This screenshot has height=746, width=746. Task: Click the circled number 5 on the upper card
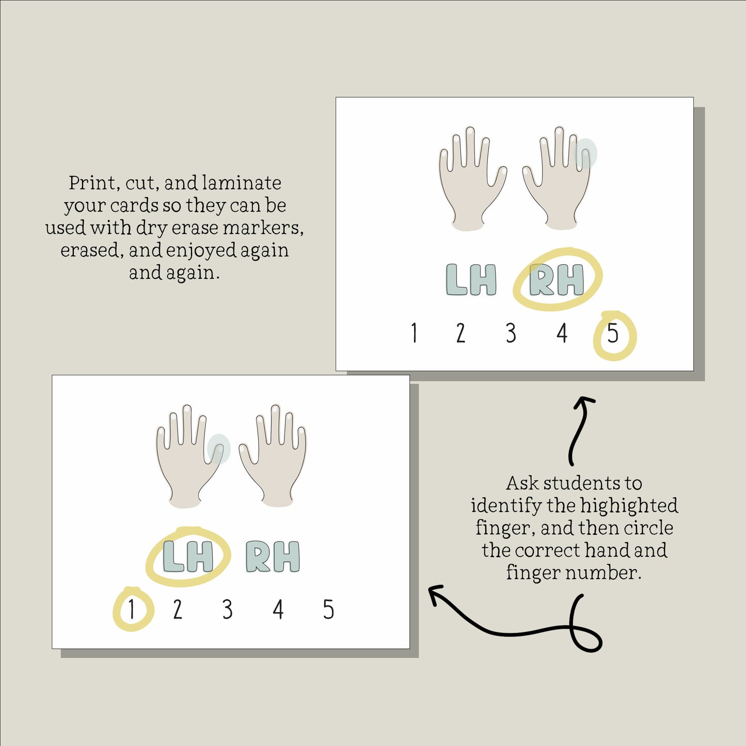[x=612, y=333]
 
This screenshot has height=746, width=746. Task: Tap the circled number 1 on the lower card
[x=132, y=609]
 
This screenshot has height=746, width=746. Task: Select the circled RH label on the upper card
[x=557, y=279]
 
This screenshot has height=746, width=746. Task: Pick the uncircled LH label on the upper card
[x=471, y=279]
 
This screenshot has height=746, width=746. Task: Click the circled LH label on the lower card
[x=188, y=557]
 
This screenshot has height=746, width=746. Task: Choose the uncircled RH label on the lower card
[x=273, y=557]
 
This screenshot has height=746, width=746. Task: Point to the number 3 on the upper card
[x=511, y=333]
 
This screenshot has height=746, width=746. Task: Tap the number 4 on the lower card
[x=278, y=609]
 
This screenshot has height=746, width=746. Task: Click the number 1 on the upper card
[x=414, y=333]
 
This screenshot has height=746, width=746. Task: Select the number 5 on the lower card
[x=328, y=609]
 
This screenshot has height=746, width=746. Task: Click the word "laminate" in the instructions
[x=242, y=183]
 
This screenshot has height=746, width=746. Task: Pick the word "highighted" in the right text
[x=629, y=506]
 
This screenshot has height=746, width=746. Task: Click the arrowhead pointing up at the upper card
[x=584, y=403]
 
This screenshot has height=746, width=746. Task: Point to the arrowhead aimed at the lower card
[x=436, y=594]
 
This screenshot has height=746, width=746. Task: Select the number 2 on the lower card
[x=177, y=609]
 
